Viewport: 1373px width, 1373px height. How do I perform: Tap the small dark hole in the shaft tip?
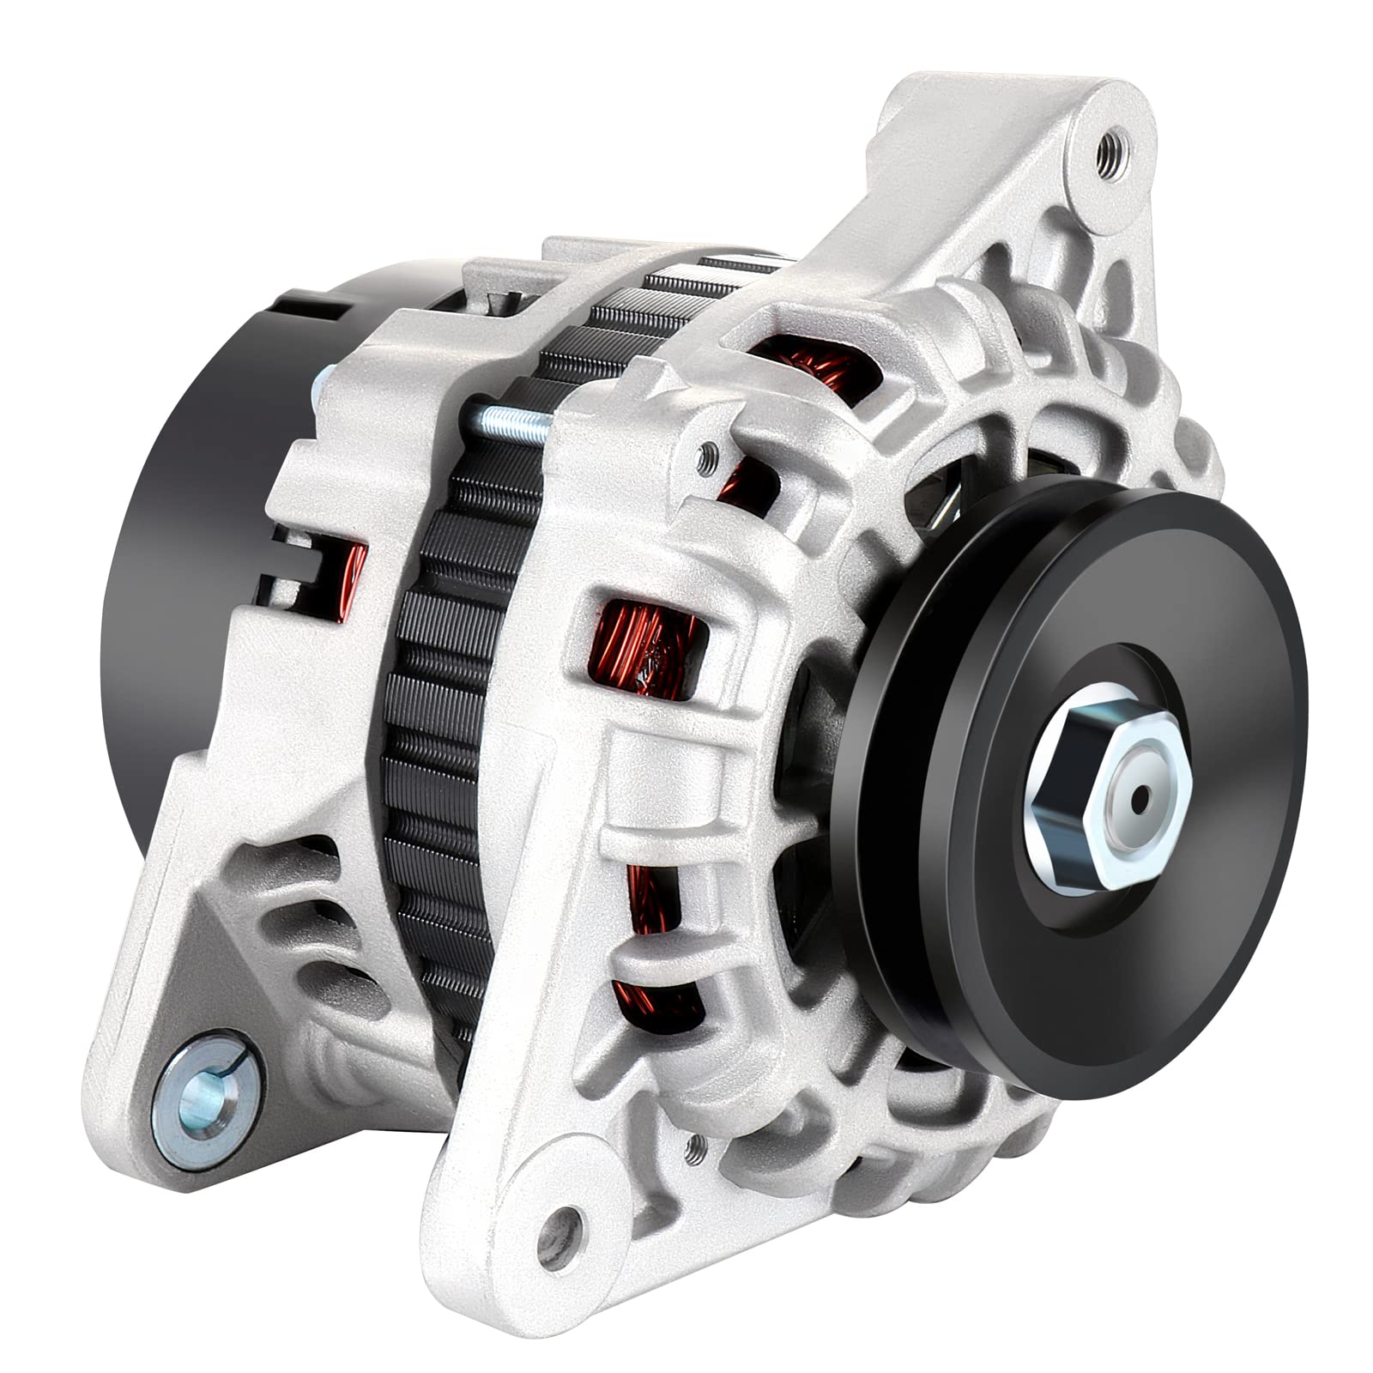point(1140,801)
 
